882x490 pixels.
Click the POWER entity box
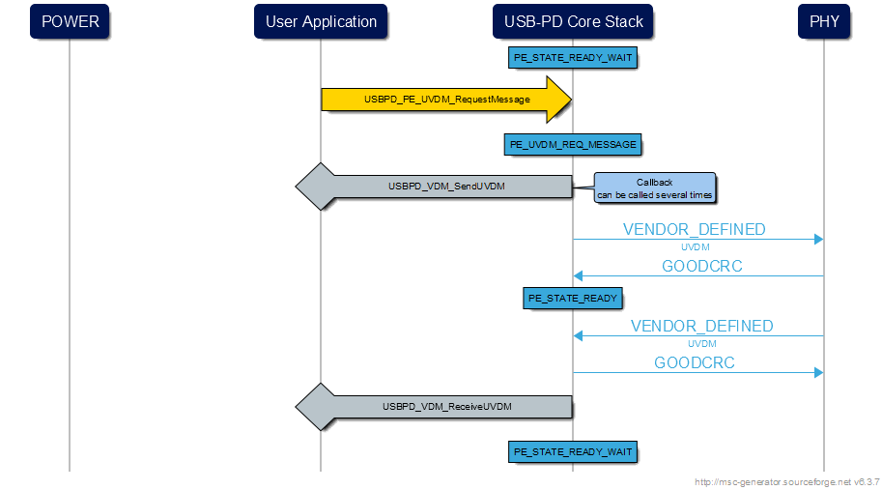(x=70, y=21)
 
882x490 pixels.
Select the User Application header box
(x=321, y=21)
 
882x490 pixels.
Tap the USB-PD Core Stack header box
(x=573, y=21)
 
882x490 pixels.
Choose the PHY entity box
(x=824, y=21)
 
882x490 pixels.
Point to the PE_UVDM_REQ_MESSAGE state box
(x=573, y=144)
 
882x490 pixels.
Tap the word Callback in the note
(x=654, y=182)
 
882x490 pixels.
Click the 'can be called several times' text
(x=654, y=194)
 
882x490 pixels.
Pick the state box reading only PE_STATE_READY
(x=573, y=298)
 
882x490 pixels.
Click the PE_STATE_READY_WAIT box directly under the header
(x=573, y=58)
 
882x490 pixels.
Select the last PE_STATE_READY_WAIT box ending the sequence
(x=573, y=451)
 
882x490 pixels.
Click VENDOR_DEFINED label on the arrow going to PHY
(x=694, y=230)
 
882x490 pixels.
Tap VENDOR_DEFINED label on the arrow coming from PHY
(x=701, y=327)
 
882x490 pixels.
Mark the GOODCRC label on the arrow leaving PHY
(x=701, y=267)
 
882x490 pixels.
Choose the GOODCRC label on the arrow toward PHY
(x=694, y=363)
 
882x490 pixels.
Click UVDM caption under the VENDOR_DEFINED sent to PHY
(x=695, y=247)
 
